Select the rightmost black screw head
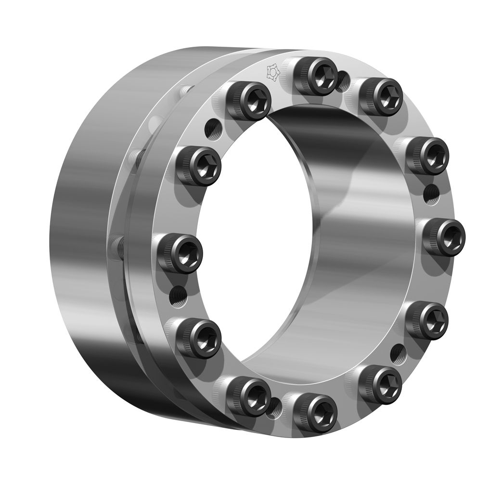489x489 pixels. (x=444, y=236)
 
